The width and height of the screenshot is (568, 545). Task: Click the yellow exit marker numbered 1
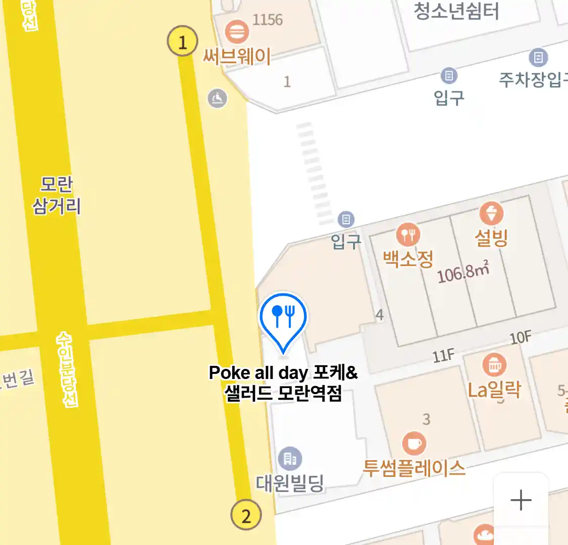tap(182, 41)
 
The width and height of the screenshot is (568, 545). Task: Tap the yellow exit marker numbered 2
tap(246, 515)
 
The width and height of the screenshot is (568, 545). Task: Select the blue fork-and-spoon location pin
tap(283, 318)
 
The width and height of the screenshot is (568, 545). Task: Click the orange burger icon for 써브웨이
tap(236, 32)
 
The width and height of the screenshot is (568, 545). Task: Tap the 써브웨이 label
tap(237, 56)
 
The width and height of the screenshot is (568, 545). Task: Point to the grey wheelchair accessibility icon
tap(218, 98)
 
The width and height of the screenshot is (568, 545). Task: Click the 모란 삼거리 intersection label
tap(57, 195)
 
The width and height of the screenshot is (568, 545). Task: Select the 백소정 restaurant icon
tap(408, 235)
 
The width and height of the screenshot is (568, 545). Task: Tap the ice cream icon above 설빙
tap(491, 213)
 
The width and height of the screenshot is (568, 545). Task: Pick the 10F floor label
tap(520, 338)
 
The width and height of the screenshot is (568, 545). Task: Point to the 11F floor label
tap(443, 356)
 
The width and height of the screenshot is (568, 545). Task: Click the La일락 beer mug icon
tap(494, 365)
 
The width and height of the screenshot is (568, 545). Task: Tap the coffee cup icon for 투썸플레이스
tap(414, 444)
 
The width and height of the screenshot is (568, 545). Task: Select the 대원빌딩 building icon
tap(290, 459)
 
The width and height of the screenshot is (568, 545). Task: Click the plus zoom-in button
tap(521, 501)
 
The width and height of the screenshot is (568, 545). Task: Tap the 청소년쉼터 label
tap(456, 11)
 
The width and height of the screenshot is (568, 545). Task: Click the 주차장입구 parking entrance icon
tap(538, 58)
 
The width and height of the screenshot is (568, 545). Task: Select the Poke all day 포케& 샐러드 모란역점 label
tap(283, 383)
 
